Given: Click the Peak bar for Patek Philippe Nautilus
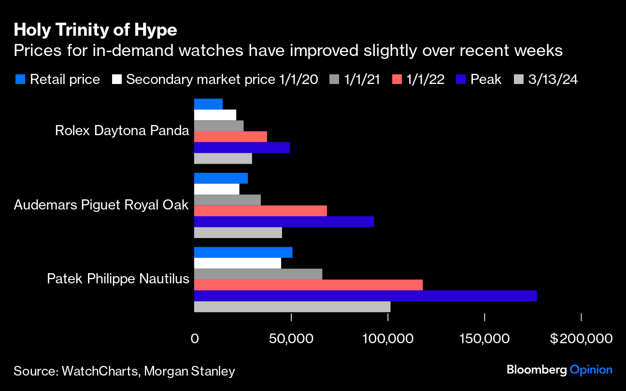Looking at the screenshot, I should pos(365,296).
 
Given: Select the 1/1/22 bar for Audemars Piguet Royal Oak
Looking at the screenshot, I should pos(260,211).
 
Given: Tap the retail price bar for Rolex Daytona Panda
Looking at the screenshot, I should pos(208,104).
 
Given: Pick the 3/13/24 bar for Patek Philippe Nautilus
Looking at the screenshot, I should pos(292,307).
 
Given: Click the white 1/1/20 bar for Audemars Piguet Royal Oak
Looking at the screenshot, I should pos(216,189).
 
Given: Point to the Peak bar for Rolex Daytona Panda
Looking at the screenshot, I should pos(242,148).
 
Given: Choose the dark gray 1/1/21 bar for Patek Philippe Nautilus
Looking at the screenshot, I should pos(258,274).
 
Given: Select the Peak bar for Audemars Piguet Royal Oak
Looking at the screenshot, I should pos(284,222).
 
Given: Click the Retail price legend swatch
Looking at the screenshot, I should pos(19,79).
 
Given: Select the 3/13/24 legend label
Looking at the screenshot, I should pos(553,79).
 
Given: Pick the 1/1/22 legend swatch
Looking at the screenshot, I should pos(395,79).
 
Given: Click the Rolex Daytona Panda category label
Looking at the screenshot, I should pos(122,130).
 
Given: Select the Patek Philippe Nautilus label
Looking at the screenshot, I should pos(118,279).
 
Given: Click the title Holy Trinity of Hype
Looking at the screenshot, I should pos(96,31).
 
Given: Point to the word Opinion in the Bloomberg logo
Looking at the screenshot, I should pos(591,370).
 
